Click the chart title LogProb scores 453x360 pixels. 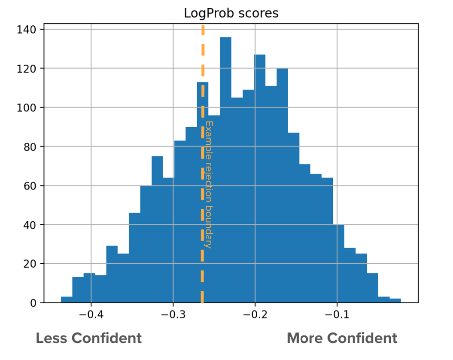point(231,13)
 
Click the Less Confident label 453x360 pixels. point(88,338)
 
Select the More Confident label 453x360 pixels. point(342,338)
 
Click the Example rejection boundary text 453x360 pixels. point(209,185)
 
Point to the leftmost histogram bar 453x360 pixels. point(67,299)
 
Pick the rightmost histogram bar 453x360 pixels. point(395,301)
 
